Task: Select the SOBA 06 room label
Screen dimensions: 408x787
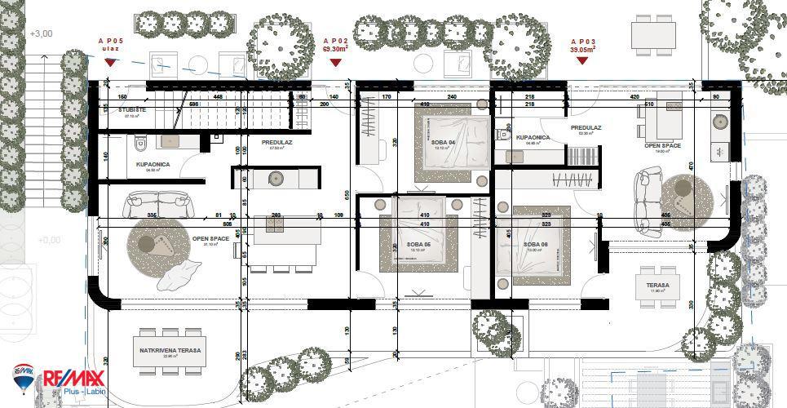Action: (x=534, y=244)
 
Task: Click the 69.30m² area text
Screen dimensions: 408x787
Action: (x=335, y=49)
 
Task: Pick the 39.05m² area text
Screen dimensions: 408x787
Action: (x=582, y=49)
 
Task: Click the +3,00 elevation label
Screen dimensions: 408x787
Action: (x=40, y=33)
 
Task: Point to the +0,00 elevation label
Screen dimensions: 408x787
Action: (x=50, y=240)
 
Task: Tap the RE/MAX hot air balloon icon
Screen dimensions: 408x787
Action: (x=24, y=378)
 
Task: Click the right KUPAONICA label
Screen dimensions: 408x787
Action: (x=533, y=138)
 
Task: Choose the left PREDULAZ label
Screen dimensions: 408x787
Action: (x=276, y=142)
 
